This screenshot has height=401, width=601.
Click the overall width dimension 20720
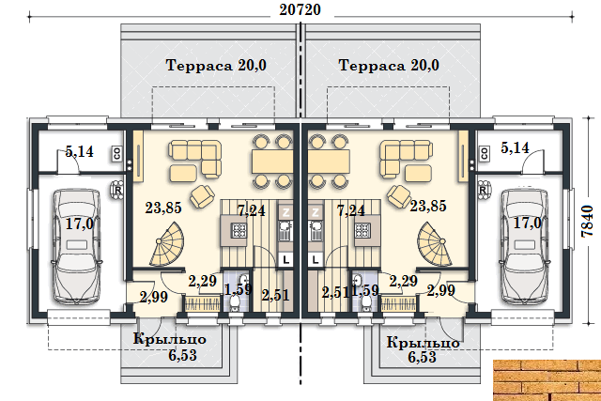300,9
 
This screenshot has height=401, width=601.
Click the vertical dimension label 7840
587,222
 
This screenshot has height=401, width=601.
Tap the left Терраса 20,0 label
216,65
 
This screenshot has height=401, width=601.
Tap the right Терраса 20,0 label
389,65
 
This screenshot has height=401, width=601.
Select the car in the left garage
76,246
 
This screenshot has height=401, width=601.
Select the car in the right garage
525,246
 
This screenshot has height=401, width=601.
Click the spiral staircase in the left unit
167,244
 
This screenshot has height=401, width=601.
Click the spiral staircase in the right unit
434,244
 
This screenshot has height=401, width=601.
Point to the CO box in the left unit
116,154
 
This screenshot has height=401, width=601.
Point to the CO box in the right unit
485,154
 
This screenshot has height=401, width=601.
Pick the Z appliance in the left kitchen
285,212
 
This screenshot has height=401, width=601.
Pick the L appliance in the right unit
316,259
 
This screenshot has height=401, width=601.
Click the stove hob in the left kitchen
239,231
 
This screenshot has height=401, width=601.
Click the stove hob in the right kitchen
362,231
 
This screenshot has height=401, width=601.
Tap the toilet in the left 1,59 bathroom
234,302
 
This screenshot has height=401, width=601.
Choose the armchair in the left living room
202,196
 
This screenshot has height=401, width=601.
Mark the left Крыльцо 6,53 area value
182,355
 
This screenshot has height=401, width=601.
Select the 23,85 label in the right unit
428,206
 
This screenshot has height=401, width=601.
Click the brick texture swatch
547,380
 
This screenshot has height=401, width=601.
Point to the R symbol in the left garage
117,190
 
